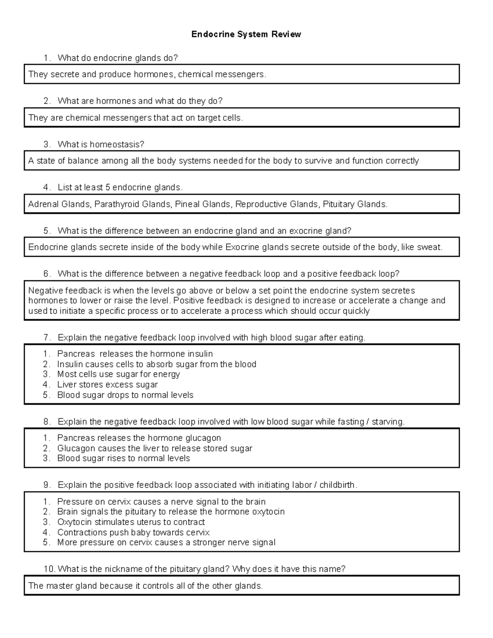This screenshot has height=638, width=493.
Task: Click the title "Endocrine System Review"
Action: click(x=246, y=35)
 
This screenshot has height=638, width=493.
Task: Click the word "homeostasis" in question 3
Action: click(x=117, y=145)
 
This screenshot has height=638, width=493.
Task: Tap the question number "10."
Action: click(x=49, y=569)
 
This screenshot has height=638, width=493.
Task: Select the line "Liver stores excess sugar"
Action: click(x=107, y=385)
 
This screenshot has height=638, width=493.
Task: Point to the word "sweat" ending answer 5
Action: click(x=429, y=247)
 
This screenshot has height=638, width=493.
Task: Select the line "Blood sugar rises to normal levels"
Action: click(x=123, y=458)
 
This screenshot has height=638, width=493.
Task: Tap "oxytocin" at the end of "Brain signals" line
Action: click(x=268, y=511)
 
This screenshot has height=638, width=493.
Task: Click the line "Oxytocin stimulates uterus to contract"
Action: click(x=131, y=522)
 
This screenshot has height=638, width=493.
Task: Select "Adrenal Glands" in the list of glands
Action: click(x=59, y=204)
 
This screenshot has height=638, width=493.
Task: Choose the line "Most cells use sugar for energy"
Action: click(x=118, y=374)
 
